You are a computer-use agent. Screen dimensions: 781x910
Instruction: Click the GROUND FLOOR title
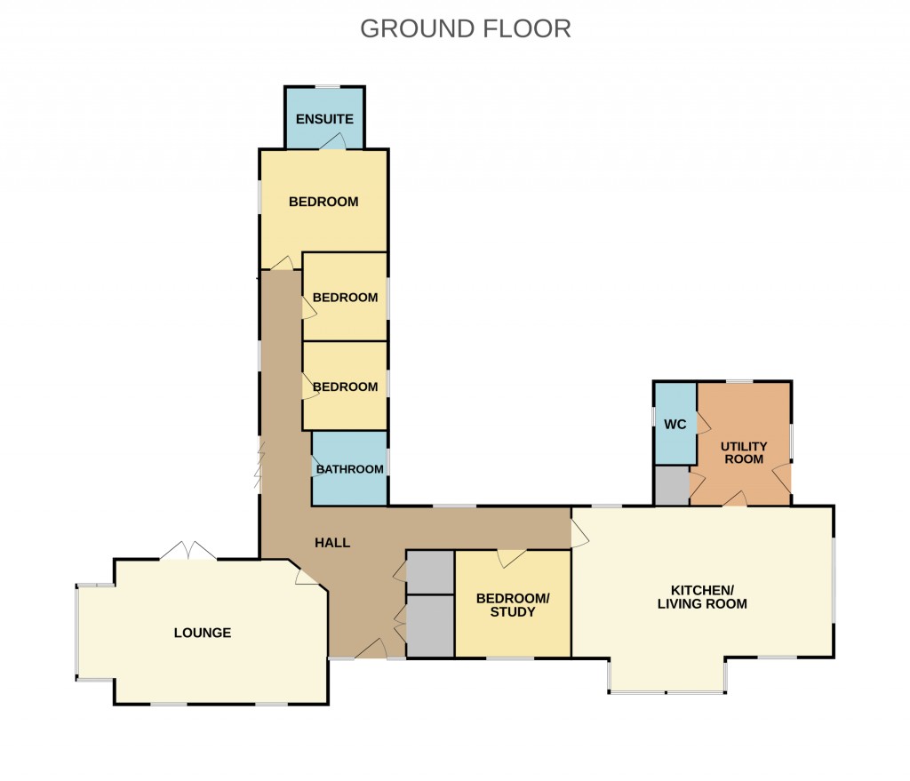coord(465,28)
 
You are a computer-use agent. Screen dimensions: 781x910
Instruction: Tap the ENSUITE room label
coord(324,119)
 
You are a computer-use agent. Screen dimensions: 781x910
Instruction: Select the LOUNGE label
coord(203,633)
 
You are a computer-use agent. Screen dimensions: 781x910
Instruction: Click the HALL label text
coord(332,542)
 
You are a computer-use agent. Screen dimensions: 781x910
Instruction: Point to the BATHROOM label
coord(350,469)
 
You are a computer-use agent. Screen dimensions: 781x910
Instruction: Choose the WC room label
coord(675,424)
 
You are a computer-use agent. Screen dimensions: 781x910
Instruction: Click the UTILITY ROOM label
coord(744,452)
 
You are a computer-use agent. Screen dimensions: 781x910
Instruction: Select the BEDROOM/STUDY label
coord(513,605)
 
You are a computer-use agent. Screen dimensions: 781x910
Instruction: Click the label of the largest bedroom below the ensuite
coord(323,202)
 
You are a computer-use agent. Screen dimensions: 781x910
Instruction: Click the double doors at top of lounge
coord(188,551)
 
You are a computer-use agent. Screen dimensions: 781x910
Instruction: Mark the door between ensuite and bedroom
coord(334,142)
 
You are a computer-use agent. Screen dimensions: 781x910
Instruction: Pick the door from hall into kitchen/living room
coord(579,533)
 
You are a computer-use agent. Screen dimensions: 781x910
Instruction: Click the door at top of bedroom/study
coord(511,557)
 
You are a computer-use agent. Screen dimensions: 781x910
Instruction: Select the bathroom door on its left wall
coord(315,467)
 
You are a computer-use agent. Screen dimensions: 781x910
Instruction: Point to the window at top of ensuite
coord(327,86)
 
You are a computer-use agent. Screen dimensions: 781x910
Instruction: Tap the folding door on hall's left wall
coord(259,466)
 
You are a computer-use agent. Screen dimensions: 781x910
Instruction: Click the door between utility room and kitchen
coord(734,500)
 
